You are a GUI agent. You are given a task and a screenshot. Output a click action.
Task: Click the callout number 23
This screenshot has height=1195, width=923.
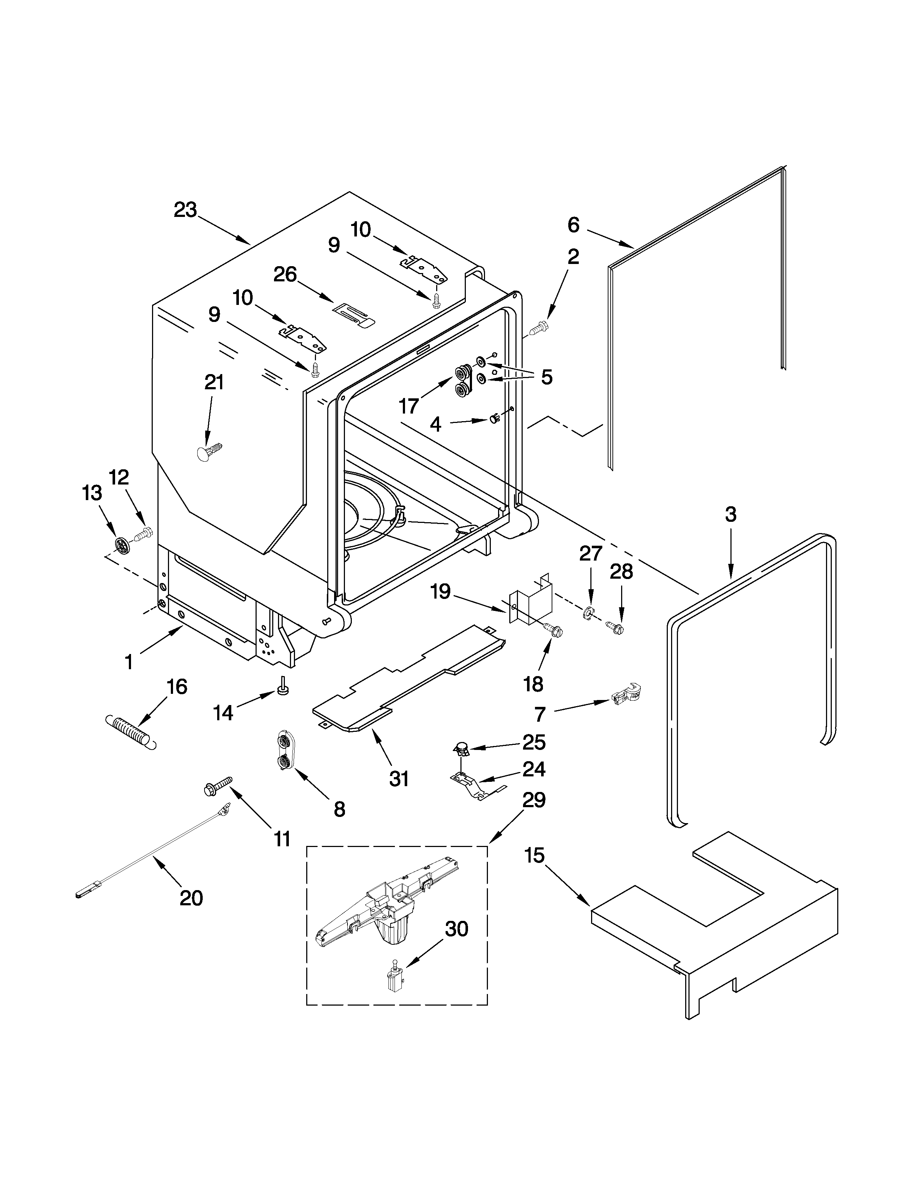pos(185,210)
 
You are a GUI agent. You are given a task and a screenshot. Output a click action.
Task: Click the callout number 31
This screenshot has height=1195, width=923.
pos(399,778)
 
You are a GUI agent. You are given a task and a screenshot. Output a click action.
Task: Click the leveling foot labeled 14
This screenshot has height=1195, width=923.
pos(283,685)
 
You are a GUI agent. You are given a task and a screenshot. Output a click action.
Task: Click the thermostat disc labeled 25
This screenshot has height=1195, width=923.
pos(463,747)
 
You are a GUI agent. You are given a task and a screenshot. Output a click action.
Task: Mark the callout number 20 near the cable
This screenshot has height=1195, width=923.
pos(191,898)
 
